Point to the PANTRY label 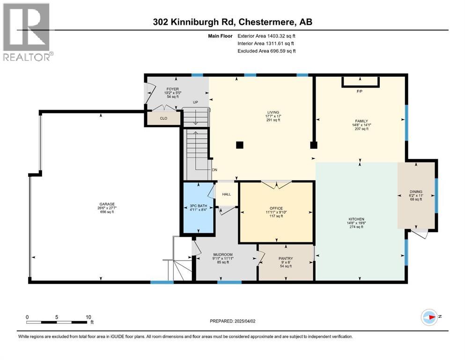pos(285,258)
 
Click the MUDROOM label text pos(223,255)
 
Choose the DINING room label pos(416,191)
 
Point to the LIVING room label pos(273,112)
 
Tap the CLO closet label pos(163,118)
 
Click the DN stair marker pos(214,170)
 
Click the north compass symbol pos(429,317)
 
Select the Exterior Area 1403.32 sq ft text pos(267,35)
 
